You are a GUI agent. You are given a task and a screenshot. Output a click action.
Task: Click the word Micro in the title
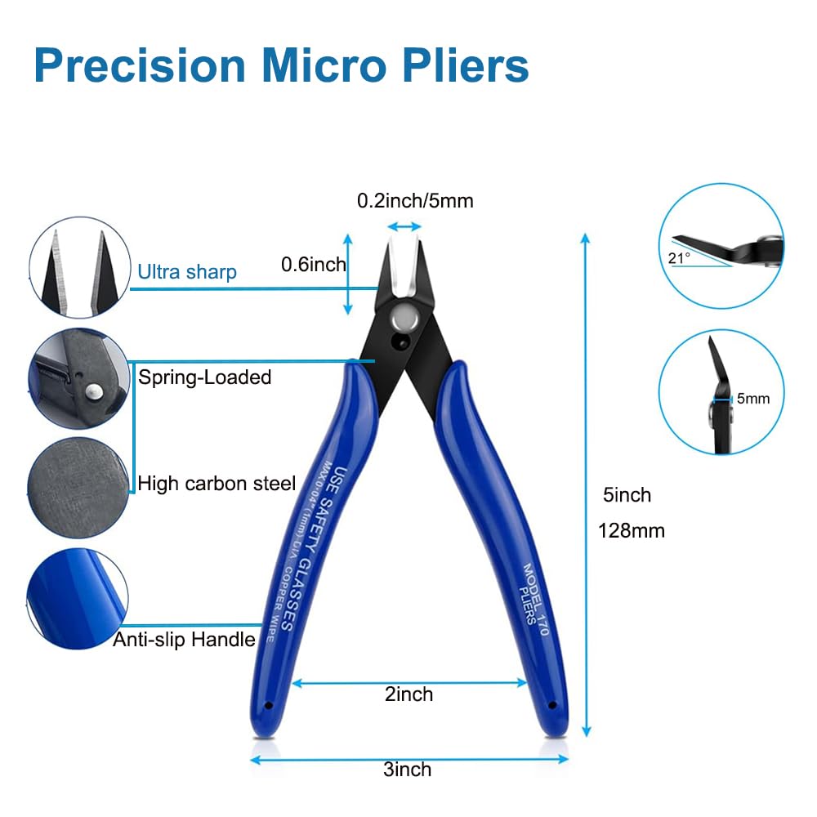tap(324, 65)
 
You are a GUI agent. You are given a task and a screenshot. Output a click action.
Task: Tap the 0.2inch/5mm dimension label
tap(415, 201)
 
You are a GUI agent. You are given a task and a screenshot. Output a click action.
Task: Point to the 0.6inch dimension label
tap(313, 265)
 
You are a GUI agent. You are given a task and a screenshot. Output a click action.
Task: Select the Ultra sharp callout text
tap(187, 272)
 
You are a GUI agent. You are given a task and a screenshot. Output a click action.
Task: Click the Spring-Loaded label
tap(205, 377)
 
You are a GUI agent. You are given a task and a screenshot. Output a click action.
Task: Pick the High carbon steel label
tap(217, 484)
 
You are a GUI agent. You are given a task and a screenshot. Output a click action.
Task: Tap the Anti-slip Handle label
tap(184, 640)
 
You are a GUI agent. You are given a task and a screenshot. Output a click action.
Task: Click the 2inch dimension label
tap(409, 694)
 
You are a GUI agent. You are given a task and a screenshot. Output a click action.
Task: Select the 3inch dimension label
tap(408, 769)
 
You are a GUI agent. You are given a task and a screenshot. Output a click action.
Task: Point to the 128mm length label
tap(632, 531)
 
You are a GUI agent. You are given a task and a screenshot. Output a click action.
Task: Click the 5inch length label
tap(627, 495)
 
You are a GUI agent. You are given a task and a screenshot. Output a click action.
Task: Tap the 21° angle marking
tap(679, 258)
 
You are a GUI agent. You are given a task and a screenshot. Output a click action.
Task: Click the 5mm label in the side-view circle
tap(753, 399)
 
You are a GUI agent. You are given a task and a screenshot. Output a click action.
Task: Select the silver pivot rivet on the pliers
tap(405, 317)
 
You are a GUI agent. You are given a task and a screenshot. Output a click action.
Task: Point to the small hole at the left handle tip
tap(269, 706)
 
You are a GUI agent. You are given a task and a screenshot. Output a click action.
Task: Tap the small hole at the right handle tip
tap(552, 706)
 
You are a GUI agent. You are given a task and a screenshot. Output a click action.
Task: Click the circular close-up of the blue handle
tap(78, 599)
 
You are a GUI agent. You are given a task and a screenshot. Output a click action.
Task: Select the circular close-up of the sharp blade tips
tap(79, 267)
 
